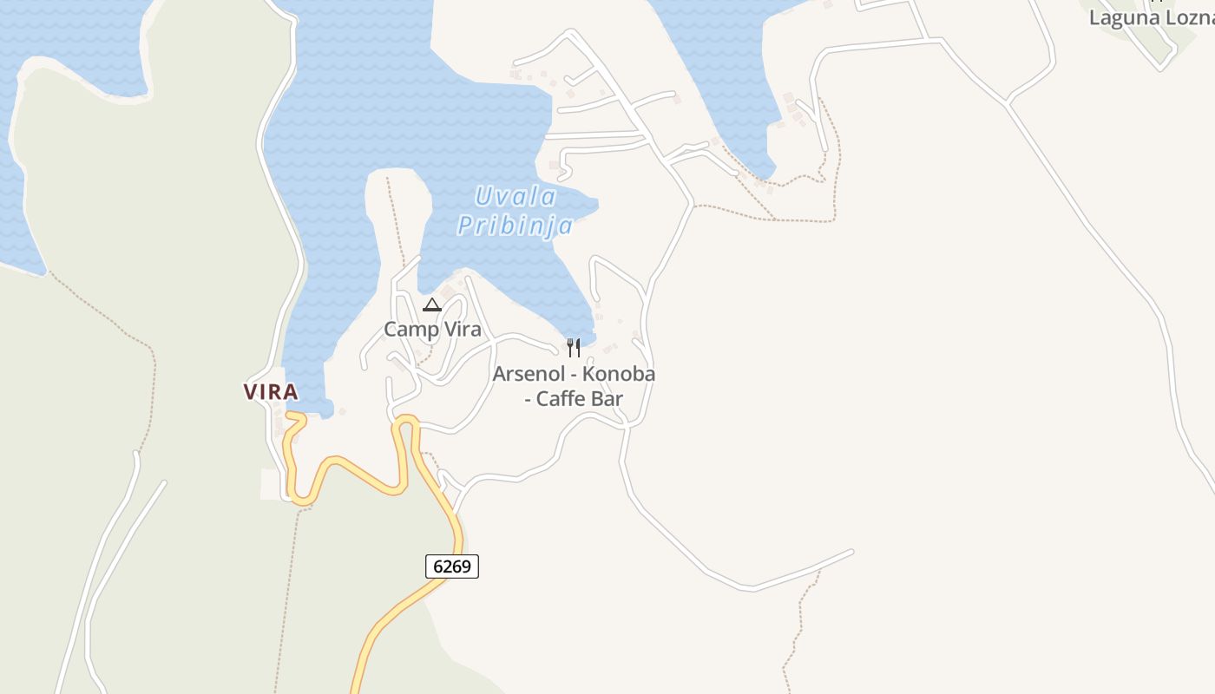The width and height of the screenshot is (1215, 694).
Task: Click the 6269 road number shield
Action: click(451, 566)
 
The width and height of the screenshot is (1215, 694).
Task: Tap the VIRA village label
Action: click(271, 392)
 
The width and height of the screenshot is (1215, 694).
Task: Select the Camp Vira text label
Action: click(432, 330)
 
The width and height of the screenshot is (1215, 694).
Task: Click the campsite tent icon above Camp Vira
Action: click(432, 304)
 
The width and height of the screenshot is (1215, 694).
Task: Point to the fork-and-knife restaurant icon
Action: click(573, 348)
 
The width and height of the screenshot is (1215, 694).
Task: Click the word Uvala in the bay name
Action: click(516, 197)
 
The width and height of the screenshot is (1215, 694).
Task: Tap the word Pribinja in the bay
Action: click(516, 226)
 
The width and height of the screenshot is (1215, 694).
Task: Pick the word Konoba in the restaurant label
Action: click(619, 375)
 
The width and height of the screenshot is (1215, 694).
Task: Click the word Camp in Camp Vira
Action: click(410, 330)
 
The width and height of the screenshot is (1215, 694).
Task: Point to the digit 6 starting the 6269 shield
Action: click(437, 566)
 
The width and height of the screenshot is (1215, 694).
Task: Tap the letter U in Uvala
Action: click(483, 197)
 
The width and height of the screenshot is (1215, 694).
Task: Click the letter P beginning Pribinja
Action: click(466, 226)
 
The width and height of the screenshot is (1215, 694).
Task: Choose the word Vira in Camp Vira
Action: click(462, 330)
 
